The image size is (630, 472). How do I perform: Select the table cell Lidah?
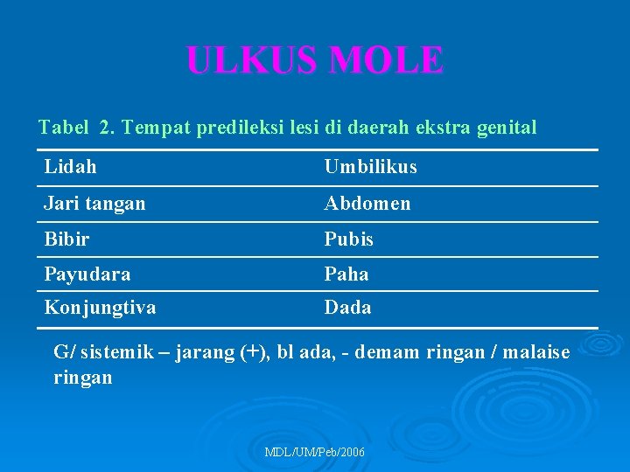pyautogui.click(x=71, y=167)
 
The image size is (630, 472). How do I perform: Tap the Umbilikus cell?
pyautogui.click(x=370, y=167)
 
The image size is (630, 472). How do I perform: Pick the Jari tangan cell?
pyautogui.click(x=95, y=204)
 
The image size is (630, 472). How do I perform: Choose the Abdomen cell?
pyautogui.click(x=367, y=204)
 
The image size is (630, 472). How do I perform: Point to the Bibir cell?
pyautogui.click(x=67, y=239)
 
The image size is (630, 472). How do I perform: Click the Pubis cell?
pyautogui.click(x=349, y=239)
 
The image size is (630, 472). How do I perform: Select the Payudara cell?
pyautogui.click(x=87, y=274)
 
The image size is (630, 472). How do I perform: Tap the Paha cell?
pyautogui.click(x=346, y=274)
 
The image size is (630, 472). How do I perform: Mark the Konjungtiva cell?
pyautogui.click(x=101, y=308)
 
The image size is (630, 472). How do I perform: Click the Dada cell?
pyautogui.click(x=347, y=308)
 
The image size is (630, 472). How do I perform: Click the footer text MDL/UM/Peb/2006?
pyautogui.click(x=315, y=452)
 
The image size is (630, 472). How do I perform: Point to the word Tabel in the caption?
pyautogui.click(x=64, y=128)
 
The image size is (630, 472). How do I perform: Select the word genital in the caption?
pyautogui.click(x=507, y=128)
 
